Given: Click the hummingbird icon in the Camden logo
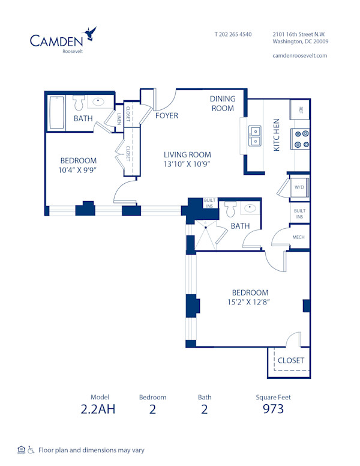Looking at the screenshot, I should coord(90,33).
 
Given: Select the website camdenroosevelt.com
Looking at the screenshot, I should coord(299,55).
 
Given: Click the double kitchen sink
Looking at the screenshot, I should coord(255,136).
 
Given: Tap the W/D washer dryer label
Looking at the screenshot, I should coord(298,187).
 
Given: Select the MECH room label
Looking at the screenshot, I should coord(298,237).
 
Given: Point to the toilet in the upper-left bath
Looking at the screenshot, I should coord(80,101).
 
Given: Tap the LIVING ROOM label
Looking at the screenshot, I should coord(187,155).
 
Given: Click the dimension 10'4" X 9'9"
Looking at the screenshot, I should coord(78,170).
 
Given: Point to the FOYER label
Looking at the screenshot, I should coord(166,115).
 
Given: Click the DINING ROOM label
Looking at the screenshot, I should coord(222,103).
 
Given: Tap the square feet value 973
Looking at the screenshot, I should coord(273,410).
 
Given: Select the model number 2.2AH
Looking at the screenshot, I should coord(97,410).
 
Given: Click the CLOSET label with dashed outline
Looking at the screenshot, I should coord(290,360).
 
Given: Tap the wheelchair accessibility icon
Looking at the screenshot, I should coord(31,450).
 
